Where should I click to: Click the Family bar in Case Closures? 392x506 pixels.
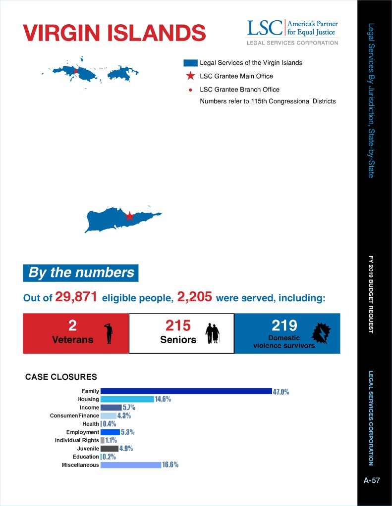186,391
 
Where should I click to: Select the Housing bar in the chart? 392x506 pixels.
127,399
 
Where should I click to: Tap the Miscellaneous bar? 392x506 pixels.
130,465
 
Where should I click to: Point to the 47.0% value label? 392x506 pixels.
281,392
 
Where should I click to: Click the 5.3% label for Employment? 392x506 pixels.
127,432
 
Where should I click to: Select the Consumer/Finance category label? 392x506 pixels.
74,415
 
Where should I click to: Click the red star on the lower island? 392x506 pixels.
129,216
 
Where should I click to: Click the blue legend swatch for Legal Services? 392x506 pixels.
190,63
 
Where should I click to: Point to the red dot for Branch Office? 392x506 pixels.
190,90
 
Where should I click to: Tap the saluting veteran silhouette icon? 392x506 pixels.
109,333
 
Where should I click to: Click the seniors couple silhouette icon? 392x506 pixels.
212,333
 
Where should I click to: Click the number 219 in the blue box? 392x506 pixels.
284,325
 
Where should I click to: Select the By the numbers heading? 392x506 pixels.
81,273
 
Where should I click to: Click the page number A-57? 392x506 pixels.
371,480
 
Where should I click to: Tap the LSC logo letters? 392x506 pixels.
265,28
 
